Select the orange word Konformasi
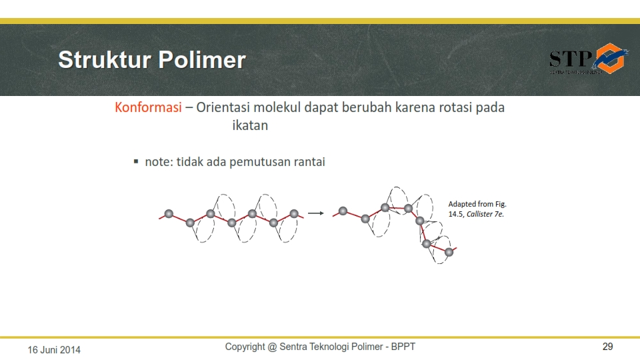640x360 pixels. tap(148, 108)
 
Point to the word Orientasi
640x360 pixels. tap(228, 108)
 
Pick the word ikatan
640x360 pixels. tap(249, 125)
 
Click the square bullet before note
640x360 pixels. tap(135, 161)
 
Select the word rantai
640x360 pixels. tap(309, 162)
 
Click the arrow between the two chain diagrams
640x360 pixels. tap(315, 213)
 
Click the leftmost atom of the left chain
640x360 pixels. tap(169, 214)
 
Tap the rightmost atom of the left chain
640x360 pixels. tap(294, 214)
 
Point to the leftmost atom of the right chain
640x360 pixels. tap(343, 211)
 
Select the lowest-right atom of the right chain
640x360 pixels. tap(449, 252)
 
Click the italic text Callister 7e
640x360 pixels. tap(485, 214)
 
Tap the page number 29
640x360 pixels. tap(607, 347)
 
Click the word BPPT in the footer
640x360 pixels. tap(403, 347)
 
